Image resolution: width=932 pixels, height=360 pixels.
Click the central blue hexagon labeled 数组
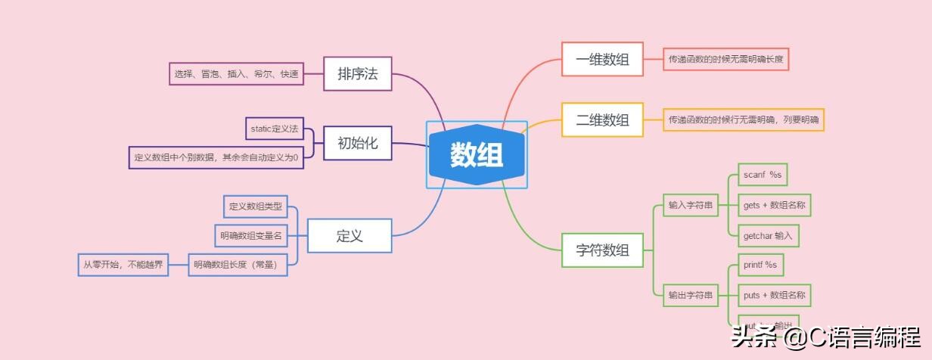pyautogui.click(x=477, y=154)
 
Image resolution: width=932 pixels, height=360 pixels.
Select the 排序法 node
pyautogui.click(x=357, y=74)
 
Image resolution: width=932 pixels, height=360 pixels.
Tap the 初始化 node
pyautogui.click(x=357, y=142)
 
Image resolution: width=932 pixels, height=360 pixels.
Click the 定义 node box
pyautogui.click(x=349, y=235)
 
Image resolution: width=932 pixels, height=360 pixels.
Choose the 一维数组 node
pyautogui.click(x=602, y=59)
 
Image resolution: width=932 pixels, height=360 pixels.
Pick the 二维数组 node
pyautogui.click(x=602, y=119)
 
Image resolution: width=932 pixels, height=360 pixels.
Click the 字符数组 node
pyautogui.click(x=602, y=250)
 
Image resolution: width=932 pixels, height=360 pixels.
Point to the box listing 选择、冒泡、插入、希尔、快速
pyautogui.click(x=236, y=74)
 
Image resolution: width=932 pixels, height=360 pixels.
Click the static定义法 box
pyautogui.click(x=274, y=129)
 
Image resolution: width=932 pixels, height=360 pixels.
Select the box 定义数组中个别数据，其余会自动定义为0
pyautogui.click(x=216, y=157)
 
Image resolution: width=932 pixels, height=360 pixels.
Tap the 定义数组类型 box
pyautogui.click(x=255, y=206)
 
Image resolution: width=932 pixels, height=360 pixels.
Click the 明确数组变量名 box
pyautogui.click(x=251, y=236)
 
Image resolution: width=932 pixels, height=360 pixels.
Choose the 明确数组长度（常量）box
pyautogui.click(x=238, y=265)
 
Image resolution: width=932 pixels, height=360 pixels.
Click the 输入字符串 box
pyautogui.click(x=691, y=205)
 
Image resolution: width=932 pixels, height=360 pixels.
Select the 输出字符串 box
pyautogui.click(x=691, y=296)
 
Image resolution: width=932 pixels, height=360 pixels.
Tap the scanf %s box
pyautogui.click(x=761, y=175)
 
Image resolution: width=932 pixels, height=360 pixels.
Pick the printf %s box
pyautogui.click(x=760, y=265)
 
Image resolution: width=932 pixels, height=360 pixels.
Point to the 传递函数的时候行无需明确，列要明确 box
pyautogui.click(x=744, y=119)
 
